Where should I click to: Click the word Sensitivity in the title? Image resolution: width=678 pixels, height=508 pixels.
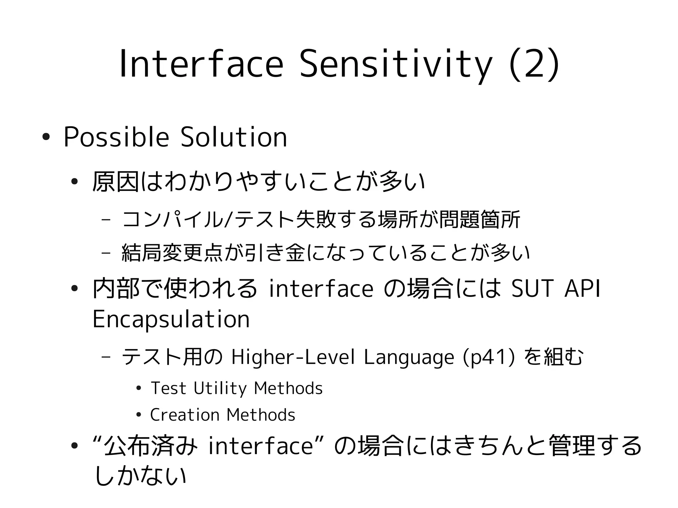click(x=396, y=65)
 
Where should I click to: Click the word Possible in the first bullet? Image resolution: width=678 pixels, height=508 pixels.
click(x=116, y=137)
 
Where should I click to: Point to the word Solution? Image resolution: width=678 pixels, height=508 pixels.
click(x=234, y=137)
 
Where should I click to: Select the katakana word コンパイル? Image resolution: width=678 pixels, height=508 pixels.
click(x=172, y=219)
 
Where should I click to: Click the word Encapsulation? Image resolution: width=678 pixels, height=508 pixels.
click(x=171, y=319)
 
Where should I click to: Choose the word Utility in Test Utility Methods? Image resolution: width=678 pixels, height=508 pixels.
click(x=220, y=388)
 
